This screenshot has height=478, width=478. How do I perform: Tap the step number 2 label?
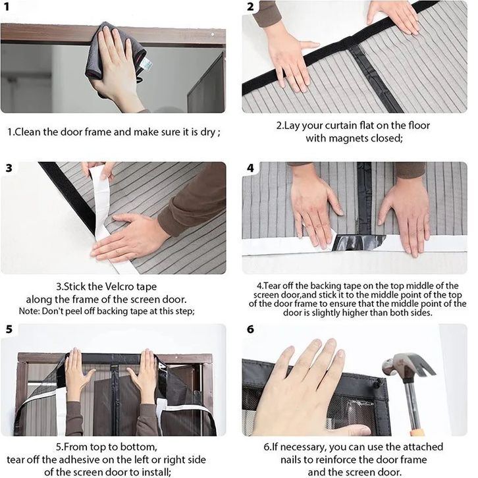click(x=250, y=7)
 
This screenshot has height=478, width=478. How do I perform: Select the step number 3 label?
click(x=9, y=168)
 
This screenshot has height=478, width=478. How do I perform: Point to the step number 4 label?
click(x=250, y=168)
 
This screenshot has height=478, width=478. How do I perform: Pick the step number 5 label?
click(x=9, y=329)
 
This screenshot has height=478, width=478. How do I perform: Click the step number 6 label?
click(x=250, y=329)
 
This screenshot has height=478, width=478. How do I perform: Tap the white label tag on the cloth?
click(x=146, y=63)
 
